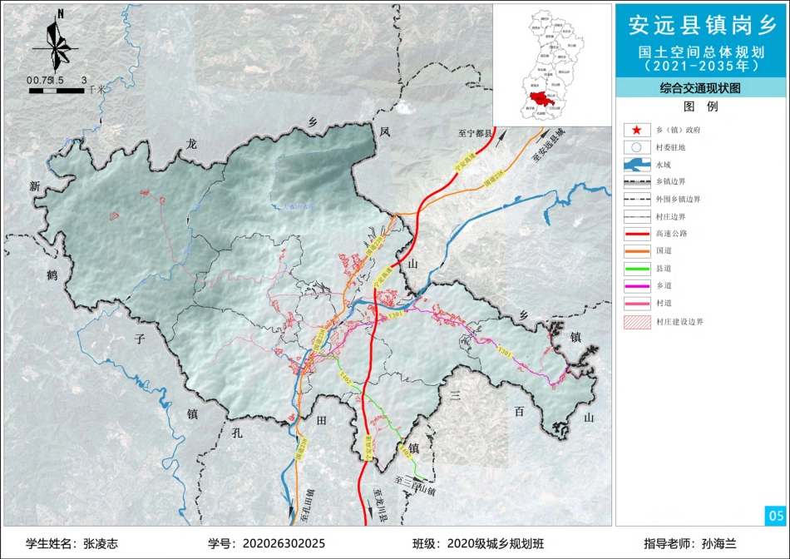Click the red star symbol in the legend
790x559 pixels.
[636, 130]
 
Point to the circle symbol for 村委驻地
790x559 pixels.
[636, 147]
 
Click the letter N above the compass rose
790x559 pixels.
[62, 14]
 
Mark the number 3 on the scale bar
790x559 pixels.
[83, 80]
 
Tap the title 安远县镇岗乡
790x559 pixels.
[701, 26]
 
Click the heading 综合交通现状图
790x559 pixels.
[700, 87]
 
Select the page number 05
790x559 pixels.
[775, 516]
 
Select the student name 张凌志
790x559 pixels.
[101, 543]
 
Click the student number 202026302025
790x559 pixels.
[283, 543]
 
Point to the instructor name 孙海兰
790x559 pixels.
[718, 543]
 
